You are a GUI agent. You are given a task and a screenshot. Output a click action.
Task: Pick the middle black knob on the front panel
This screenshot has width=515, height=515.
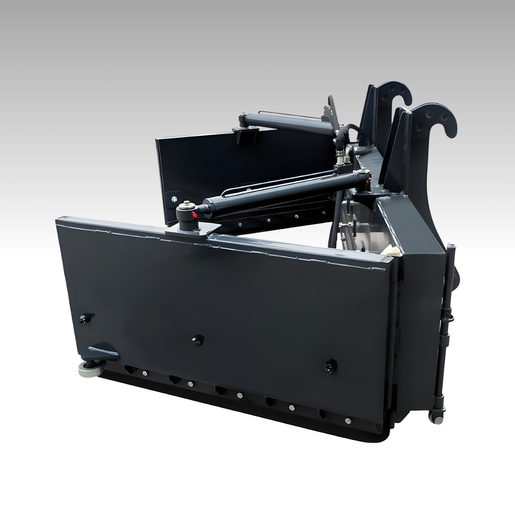[198, 340]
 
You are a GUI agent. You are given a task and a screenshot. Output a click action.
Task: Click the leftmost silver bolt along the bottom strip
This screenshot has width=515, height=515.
[144, 373]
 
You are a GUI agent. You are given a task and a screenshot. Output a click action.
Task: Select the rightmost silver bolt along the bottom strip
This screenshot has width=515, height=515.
[347, 420]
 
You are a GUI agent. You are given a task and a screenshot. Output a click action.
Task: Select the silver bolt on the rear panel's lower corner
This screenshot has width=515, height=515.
[174, 198]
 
